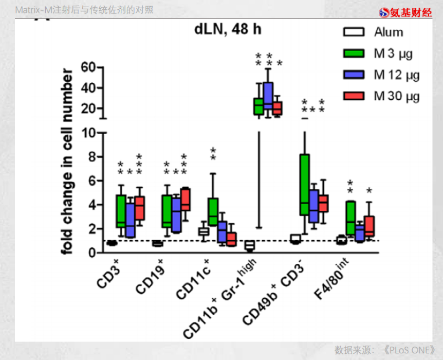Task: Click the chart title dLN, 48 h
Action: coord(228,29)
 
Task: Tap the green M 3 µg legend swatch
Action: coord(354,53)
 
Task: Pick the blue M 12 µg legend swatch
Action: coord(354,75)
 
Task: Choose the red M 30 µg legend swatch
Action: coord(354,96)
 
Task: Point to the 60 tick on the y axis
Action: coord(89,67)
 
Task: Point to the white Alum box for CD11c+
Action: coord(204,231)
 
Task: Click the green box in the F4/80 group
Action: coord(350,218)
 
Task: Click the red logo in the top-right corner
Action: coord(405,12)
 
